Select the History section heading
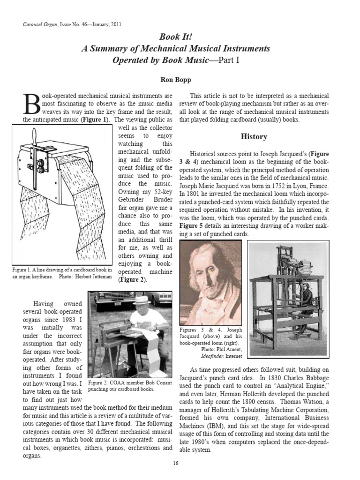[x=254, y=137]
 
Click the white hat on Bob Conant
[x=142, y=300]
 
